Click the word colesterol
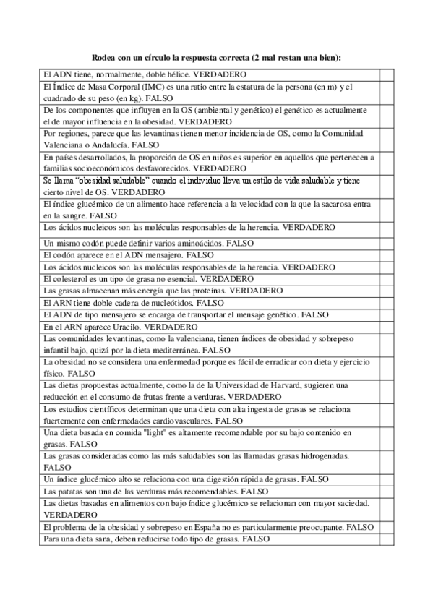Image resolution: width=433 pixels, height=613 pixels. click(75, 278)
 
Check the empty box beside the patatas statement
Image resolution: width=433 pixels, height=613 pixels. click(386, 490)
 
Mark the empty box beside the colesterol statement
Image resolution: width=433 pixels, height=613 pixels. click(386, 278)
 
